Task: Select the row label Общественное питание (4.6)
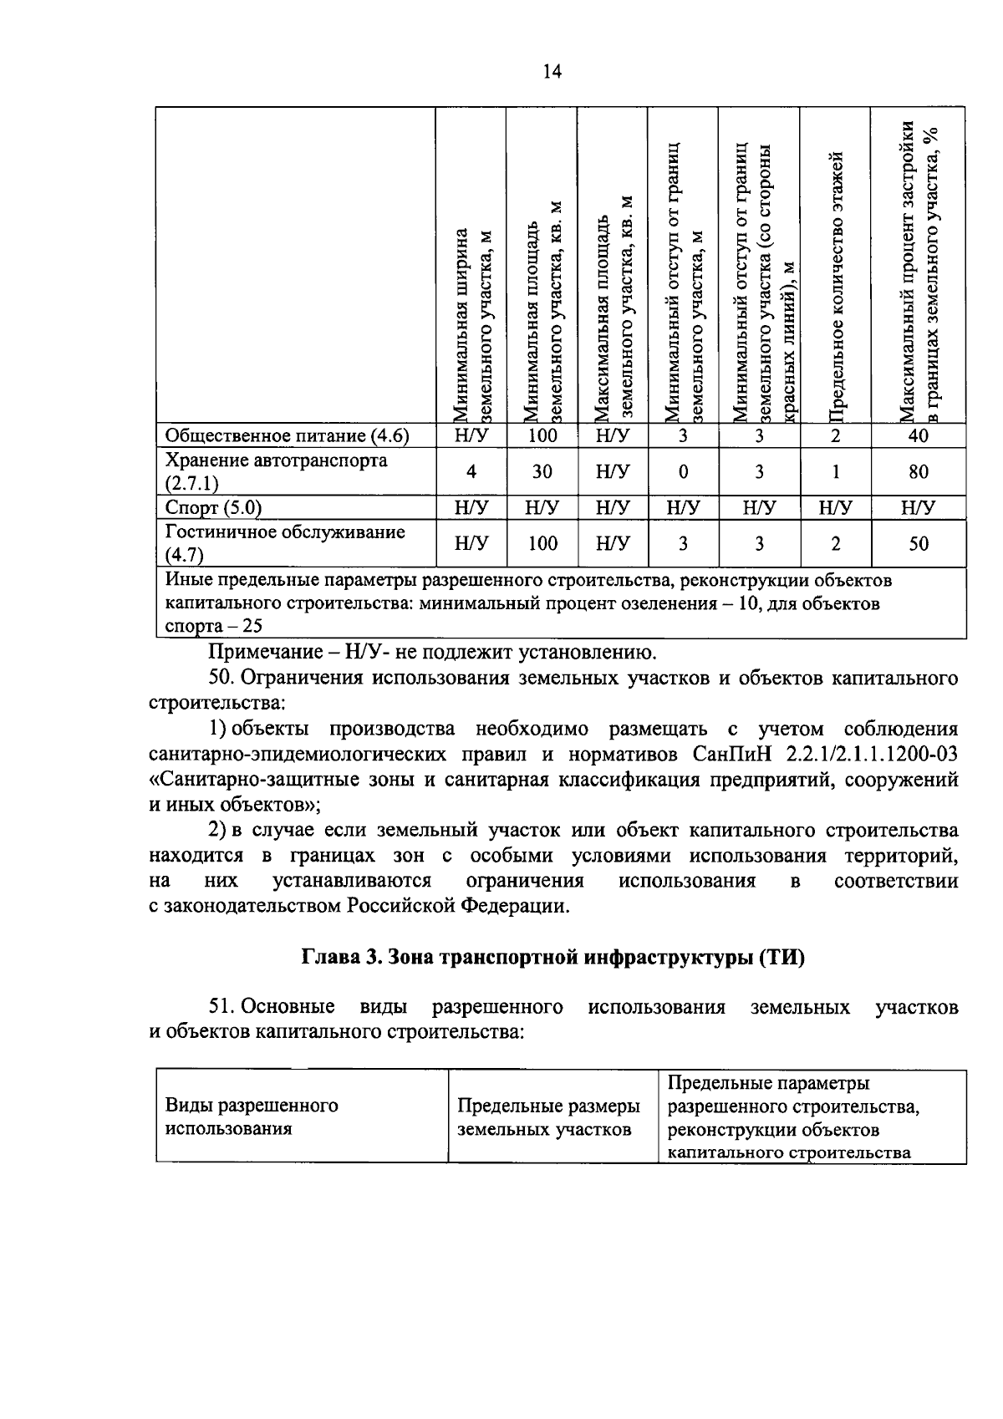point(288,435)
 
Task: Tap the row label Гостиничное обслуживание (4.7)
point(285,543)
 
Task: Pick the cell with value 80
point(918,472)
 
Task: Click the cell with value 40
point(918,435)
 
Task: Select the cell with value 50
point(918,544)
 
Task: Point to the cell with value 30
point(542,472)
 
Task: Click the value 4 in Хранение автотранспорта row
point(471,472)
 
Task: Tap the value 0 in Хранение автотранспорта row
point(683,472)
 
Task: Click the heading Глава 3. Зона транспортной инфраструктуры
point(552,959)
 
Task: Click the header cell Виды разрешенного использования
point(252,1116)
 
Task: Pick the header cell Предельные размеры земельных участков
point(548,1117)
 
